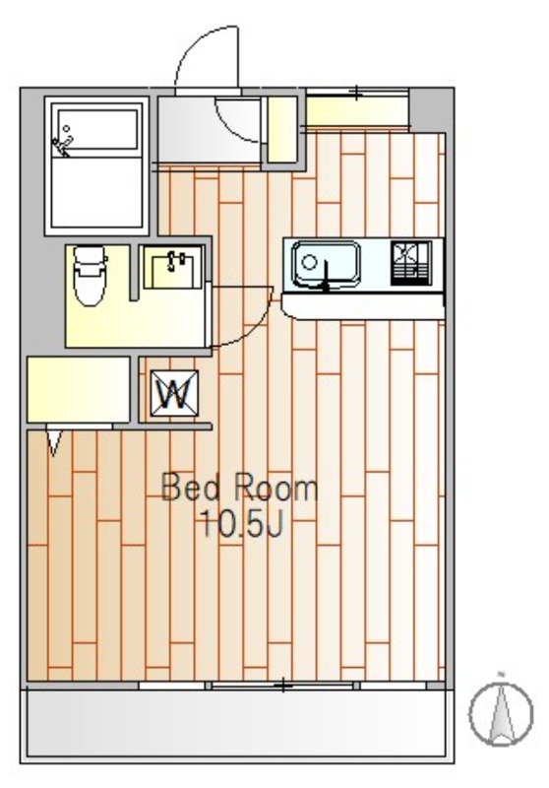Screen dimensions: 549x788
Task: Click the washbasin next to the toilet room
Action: pos(172,267)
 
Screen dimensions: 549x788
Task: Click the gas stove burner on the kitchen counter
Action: pos(411,263)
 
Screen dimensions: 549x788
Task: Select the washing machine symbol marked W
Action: pos(174,393)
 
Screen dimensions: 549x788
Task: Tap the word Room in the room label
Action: pos(275,487)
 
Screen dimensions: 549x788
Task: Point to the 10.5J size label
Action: pos(242,523)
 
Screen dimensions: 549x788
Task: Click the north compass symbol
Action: pos(501,712)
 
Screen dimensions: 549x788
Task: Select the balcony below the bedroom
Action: pos(237,723)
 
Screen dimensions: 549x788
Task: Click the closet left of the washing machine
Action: pos(79,389)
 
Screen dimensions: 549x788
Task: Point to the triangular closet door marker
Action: pos(54,439)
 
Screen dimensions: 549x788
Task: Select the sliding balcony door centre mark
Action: pos(283,686)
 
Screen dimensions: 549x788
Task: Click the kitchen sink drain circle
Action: pos(309,262)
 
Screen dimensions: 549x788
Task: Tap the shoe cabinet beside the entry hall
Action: pos(282,130)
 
